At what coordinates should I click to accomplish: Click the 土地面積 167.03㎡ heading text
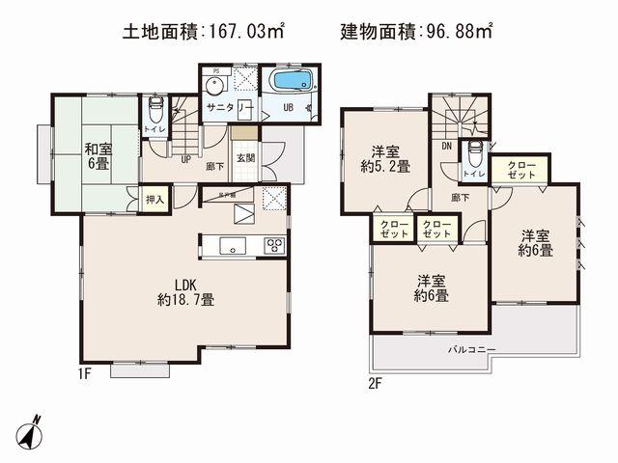(x=202, y=31)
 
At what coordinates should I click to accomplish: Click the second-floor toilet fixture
(x=474, y=156)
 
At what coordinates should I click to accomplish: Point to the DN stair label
(x=447, y=148)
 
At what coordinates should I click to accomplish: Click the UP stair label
(x=183, y=160)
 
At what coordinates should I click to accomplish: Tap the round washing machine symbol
(x=215, y=84)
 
